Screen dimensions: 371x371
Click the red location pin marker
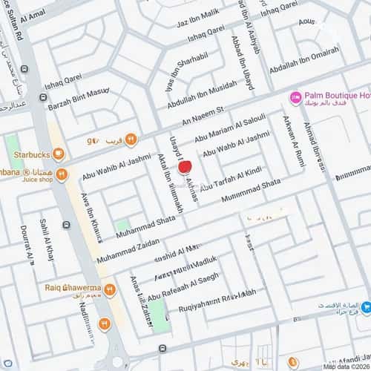click(186, 168)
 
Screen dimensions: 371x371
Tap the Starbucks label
click(32, 156)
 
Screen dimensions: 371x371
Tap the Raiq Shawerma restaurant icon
click(109, 289)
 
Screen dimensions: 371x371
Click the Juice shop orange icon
click(62, 175)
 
